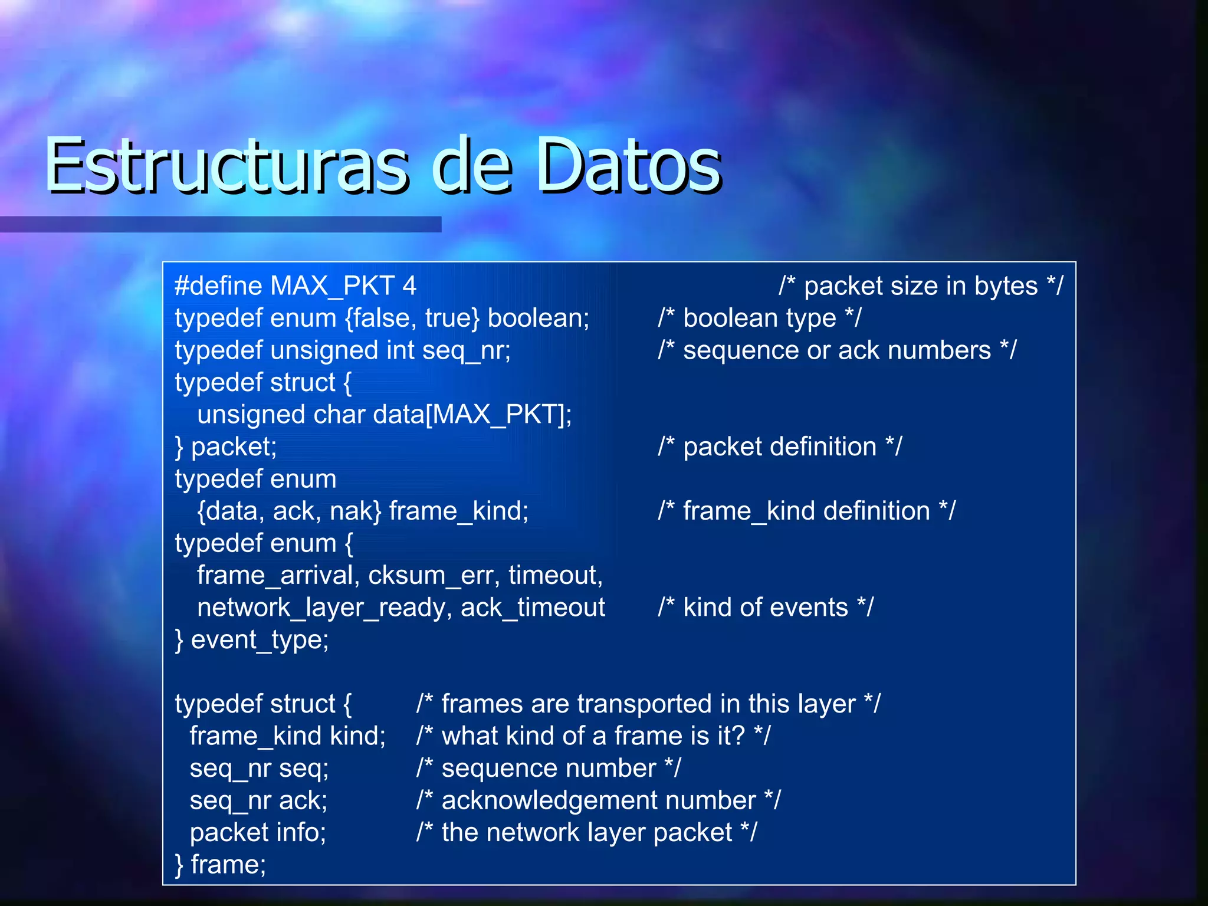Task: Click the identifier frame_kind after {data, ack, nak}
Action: [458, 511]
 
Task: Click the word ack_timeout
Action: [533, 608]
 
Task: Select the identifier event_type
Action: [260, 640]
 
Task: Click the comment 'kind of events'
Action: [766, 608]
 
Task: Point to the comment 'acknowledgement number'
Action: [598, 801]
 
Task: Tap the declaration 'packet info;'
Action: [258, 833]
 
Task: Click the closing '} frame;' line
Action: [221, 865]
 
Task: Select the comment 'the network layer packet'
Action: [586, 833]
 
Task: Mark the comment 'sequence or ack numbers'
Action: [837, 351]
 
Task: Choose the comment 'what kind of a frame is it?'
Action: [593, 737]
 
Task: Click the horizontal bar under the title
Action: [221, 225]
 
